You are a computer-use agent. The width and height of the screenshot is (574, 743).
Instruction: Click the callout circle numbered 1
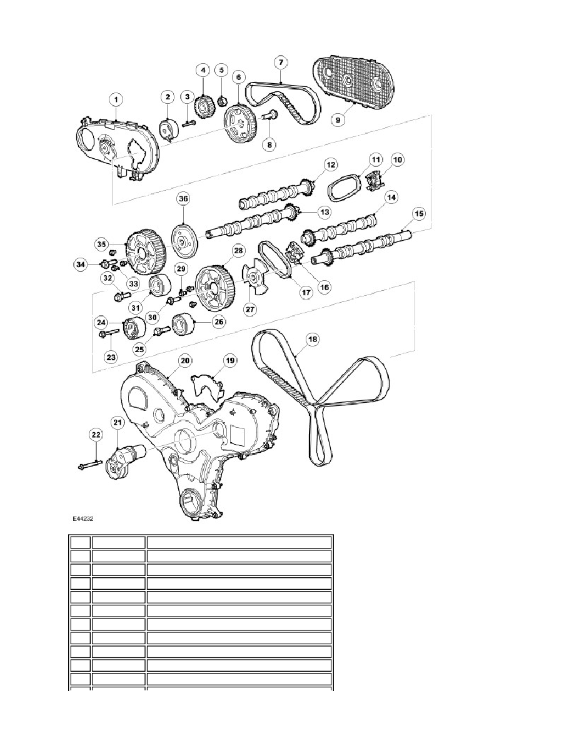coord(116,99)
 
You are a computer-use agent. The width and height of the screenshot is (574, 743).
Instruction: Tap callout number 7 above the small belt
coord(281,63)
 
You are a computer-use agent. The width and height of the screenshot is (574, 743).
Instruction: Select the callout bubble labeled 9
coord(338,120)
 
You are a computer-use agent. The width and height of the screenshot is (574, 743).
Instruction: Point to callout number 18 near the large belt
coord(313,339)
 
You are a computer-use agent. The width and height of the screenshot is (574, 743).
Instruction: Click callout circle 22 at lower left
coord(96,435)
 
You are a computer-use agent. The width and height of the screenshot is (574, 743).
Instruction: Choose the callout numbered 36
coord(183,198)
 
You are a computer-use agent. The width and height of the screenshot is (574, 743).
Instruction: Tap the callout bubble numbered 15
coord(419,214)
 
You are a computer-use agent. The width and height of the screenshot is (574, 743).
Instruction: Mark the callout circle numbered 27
coord(250,310)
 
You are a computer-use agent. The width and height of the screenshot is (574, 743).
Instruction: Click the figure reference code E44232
coord(83,519)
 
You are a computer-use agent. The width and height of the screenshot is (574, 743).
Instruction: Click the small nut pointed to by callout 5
coord(221,101)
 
